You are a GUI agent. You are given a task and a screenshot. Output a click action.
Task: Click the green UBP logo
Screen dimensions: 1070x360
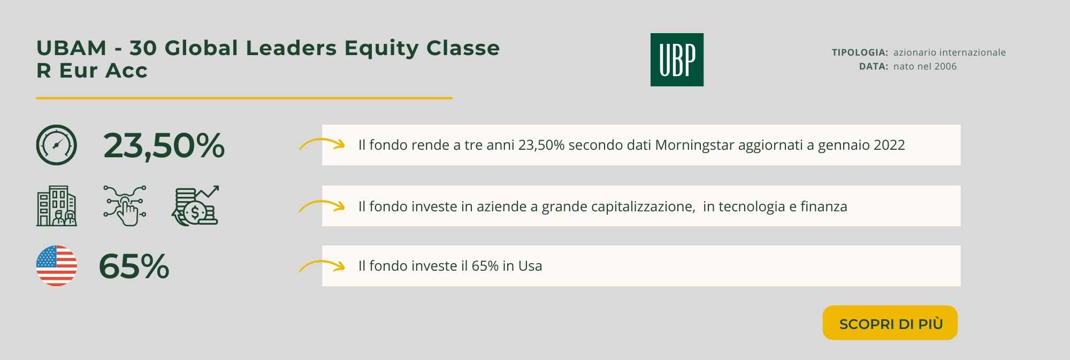coord(677,60)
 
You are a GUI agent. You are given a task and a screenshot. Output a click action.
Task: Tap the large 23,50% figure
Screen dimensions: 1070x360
coord(164,145)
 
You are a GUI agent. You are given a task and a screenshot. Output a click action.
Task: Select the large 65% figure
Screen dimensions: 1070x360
coord(134,266)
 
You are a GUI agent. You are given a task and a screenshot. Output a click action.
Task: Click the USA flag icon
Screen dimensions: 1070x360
coord(56,266)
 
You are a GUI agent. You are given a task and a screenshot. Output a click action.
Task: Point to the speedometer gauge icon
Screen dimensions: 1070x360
coord(56,145)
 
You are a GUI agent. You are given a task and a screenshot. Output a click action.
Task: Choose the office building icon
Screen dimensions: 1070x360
coord(56,206)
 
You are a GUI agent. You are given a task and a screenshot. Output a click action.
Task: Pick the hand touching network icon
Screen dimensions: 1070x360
coord(125,206)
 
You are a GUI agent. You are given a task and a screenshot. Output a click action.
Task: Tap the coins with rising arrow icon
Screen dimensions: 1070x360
coord(195,206)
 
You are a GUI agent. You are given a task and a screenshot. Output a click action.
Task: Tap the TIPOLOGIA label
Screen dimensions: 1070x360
coord(860,52)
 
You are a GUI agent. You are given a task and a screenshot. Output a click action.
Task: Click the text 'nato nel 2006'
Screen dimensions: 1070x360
coord(925,66)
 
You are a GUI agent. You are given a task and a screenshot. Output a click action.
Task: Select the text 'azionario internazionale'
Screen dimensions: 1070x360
coord(950,52)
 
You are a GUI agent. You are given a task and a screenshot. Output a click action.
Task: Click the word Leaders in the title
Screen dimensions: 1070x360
coord(292,48)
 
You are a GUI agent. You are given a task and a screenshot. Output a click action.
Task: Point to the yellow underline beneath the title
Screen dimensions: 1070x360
coord(244,98)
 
